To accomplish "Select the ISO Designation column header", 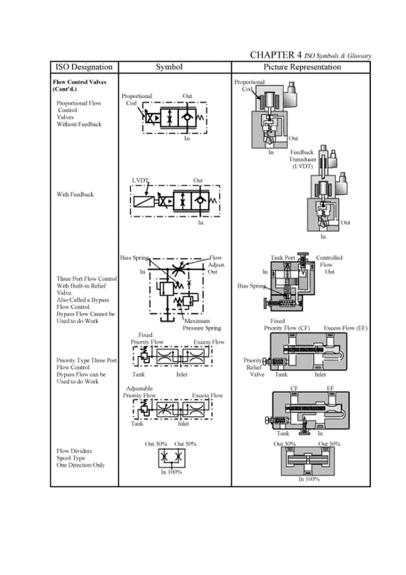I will [x=84, y=67].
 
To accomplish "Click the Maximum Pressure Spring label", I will [x=202, y=325].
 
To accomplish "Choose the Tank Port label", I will [x=283, y=258].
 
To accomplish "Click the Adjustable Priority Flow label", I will [x=140, y=391].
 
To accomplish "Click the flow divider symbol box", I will [x=171, y=459].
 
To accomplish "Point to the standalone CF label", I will [x=295, y=387].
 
